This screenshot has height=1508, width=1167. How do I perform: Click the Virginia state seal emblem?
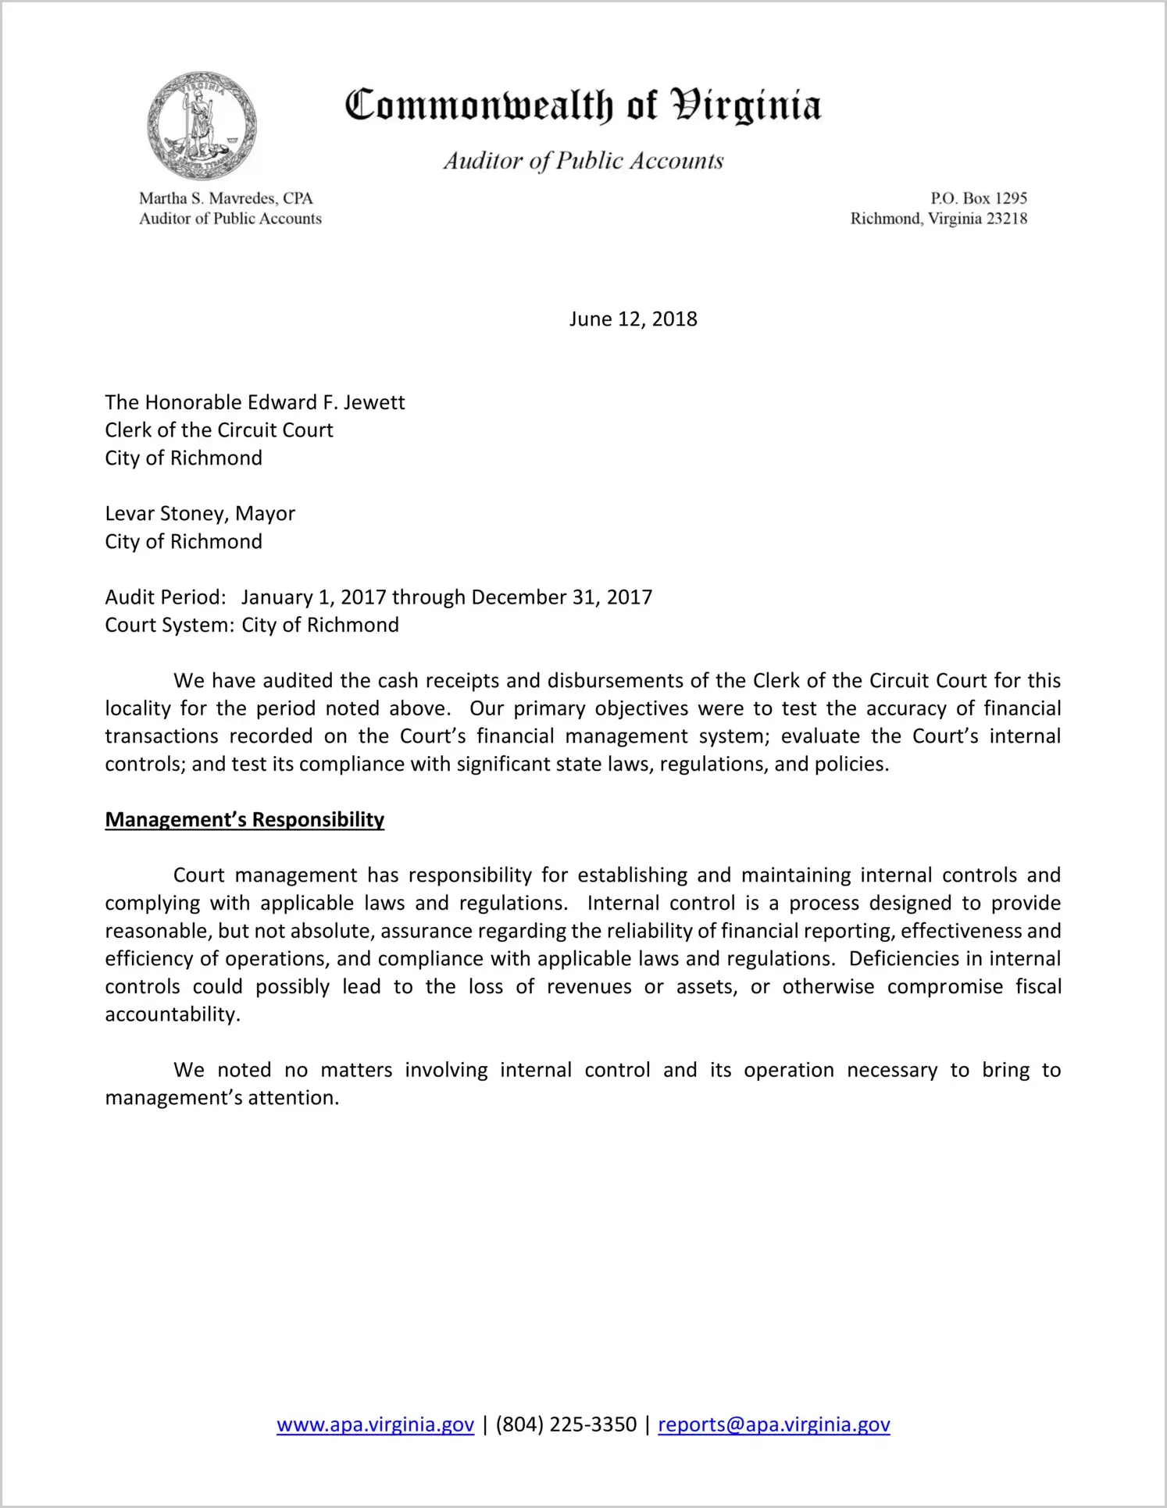coord(202,126)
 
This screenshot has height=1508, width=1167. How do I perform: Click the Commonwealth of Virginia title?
coord(583,105)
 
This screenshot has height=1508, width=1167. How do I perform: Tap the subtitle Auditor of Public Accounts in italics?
coord(583,161)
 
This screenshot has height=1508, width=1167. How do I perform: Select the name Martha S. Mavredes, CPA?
coord(226,198)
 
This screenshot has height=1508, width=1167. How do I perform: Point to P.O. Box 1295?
coord(978,198)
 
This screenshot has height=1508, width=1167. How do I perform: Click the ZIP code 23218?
coord(1007,219)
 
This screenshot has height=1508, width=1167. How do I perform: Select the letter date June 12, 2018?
coord(633,319)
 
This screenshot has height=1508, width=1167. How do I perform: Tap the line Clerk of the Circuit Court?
coord(219,430)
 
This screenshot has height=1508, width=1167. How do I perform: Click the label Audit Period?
coord(166,597)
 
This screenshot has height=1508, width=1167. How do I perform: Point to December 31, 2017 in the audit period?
coord(562,597)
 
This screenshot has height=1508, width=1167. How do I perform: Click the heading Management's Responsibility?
coord(244,820)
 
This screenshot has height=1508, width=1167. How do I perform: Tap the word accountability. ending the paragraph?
coord(173,1014)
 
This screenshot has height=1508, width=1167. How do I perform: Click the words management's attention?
coord(222,1098)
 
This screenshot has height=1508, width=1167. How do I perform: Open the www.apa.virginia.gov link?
coord(375,1424)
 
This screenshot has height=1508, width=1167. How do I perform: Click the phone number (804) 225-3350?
coord(566,1424)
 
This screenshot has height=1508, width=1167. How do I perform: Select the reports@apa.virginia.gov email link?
coord(773,1424)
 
